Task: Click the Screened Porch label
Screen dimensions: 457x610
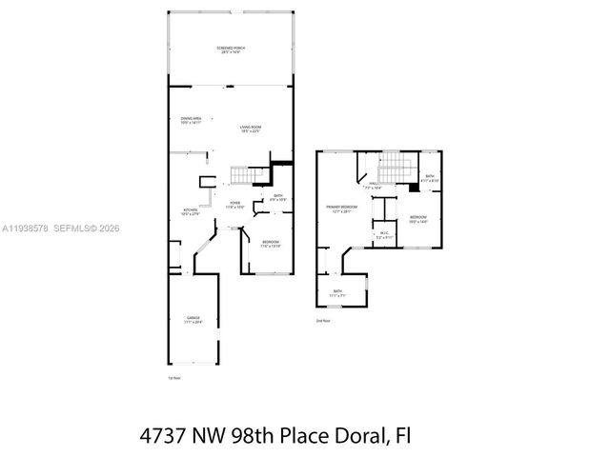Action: (227, 50)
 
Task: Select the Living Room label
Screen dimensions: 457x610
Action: (251, 129)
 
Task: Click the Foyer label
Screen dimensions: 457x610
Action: (234, 205)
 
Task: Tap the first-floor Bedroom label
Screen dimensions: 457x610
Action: (272, 244)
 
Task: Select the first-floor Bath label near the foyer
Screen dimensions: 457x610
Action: (277, 198)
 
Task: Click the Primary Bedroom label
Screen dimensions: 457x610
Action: (340, 209)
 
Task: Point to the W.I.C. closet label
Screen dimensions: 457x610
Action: (383, 235)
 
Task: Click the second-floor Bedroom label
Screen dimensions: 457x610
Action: (418, 220)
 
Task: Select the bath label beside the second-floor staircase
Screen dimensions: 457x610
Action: (430, 178)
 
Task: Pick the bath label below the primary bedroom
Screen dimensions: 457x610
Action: (337, 293)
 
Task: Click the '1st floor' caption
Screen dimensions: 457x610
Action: (173, 378)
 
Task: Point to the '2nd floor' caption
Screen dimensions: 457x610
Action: (323, 321)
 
